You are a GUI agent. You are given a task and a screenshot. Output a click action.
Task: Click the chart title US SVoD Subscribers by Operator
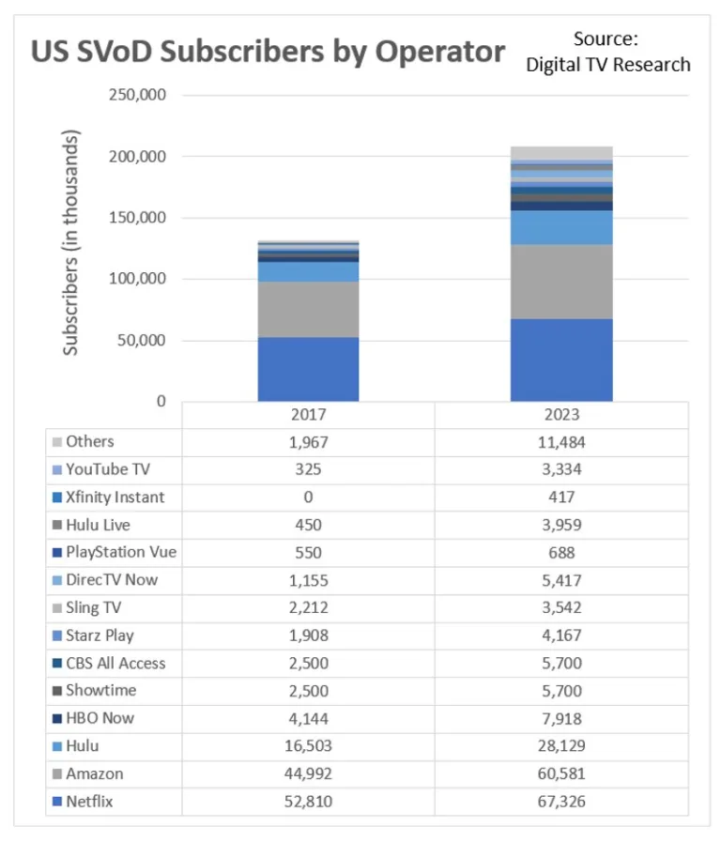click(x=268, y=51)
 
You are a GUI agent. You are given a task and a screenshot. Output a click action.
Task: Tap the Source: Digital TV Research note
click(x=607, y=52)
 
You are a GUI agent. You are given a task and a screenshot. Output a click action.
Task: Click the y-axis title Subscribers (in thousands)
click(x=71, y=242)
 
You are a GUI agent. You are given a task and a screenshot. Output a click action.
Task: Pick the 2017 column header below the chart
click(x=308, y=414)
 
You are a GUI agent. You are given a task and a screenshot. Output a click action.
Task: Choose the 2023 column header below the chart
click(x=561, y=414)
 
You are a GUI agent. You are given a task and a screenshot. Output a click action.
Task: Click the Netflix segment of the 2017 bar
click(x=308, y=369)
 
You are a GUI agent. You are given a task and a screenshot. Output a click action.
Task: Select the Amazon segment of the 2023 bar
click(x=561, y=282)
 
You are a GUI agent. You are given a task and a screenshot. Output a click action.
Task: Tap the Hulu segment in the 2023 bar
click(x=561, y=227)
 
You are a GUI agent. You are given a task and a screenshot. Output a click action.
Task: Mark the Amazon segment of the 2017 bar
click(x=308, y=309)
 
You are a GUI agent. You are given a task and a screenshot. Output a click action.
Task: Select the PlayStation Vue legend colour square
click(x=58, y=553)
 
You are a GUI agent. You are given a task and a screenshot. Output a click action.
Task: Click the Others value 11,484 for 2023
click(x=561, y=442)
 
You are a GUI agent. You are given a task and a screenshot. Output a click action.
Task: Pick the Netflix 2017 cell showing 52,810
click(x=308, y=801)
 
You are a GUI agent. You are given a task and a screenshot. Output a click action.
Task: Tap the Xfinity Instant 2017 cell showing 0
click(x=308, y=498)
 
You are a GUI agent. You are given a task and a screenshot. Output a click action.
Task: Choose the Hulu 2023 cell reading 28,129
click(x=561, y=745)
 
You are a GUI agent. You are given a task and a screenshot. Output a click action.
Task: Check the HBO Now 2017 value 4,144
click(x=308, y=718)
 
